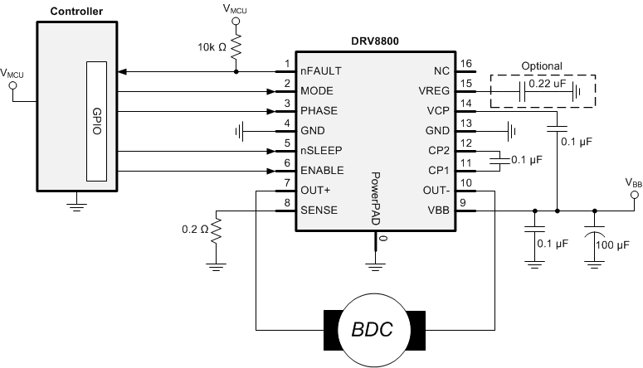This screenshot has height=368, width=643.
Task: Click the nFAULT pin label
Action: tap(319, 70)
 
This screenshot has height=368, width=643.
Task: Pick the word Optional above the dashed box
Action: tap(541, 65)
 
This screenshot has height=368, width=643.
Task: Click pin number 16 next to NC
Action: tap(465, 64)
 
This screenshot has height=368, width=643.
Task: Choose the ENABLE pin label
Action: tap(323, 171)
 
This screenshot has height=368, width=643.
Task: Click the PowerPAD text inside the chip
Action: tap(375, 199)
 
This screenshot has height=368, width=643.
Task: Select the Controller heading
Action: tap(76, 11)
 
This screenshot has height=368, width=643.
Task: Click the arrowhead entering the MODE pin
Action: tap(270, 90)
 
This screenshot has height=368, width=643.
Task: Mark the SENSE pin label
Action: tap(319, 211)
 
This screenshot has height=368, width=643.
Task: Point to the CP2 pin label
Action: tap(439, 150)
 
